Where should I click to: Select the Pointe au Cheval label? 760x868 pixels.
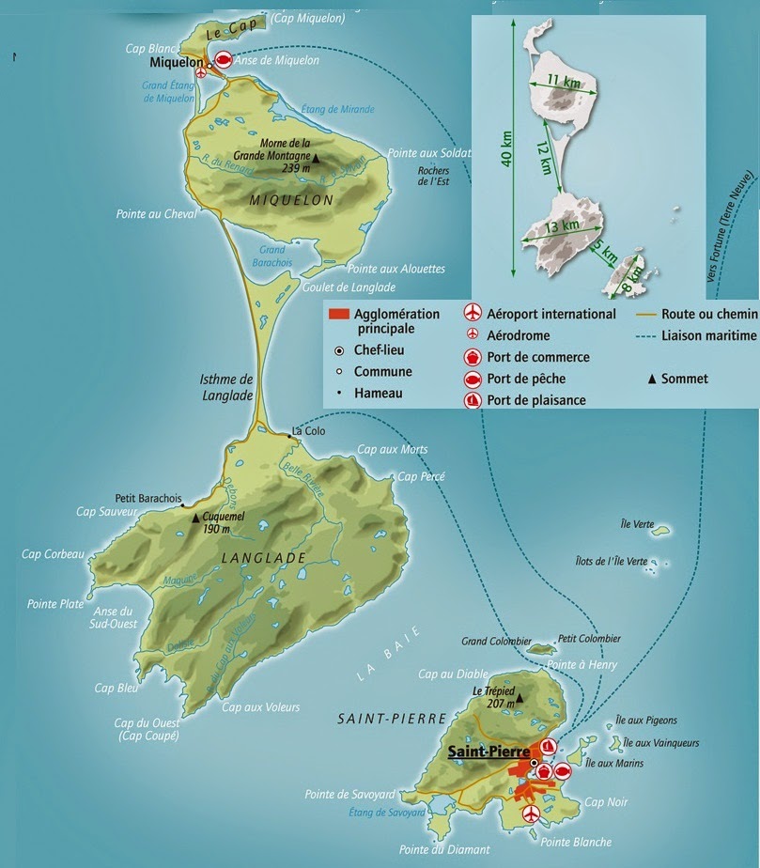(157, 215)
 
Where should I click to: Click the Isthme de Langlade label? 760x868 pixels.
(227, 387)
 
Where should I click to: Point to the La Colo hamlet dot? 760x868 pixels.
(288, 433)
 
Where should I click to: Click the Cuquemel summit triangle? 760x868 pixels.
(196, 518)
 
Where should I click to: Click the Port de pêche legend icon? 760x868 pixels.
(473, 379)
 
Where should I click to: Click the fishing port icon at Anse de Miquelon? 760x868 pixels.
(223, 58)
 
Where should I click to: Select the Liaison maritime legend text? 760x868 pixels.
(709, 334)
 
